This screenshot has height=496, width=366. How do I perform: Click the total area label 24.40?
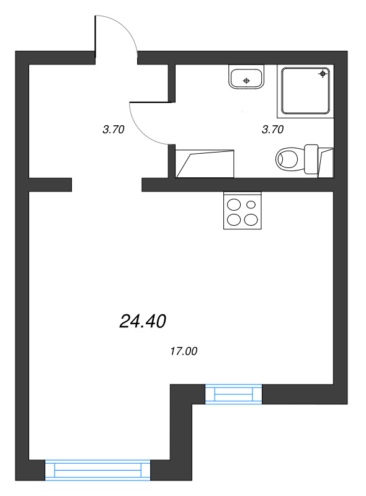(142, 321)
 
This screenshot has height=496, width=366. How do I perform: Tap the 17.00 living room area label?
(183, 352)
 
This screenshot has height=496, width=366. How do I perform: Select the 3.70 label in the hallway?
(114, 130)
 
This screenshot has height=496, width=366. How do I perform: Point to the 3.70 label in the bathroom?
(273, 130)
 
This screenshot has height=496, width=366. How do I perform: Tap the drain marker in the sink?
(247, 81)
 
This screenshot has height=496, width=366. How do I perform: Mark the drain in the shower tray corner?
(323, 74)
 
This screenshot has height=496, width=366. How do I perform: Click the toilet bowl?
(288, 159)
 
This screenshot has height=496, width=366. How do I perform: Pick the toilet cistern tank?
(311, 159)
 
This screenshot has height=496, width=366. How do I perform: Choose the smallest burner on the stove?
(251, 204)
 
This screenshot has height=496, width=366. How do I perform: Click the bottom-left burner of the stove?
(234, 219)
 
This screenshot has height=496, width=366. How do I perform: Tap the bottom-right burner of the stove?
(251, 219)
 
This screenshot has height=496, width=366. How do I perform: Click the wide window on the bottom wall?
(98, 470)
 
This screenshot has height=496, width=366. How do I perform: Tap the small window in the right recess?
(233, 394)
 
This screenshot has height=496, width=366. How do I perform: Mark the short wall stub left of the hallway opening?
(50, 185)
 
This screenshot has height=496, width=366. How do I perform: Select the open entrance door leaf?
(95, 37)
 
